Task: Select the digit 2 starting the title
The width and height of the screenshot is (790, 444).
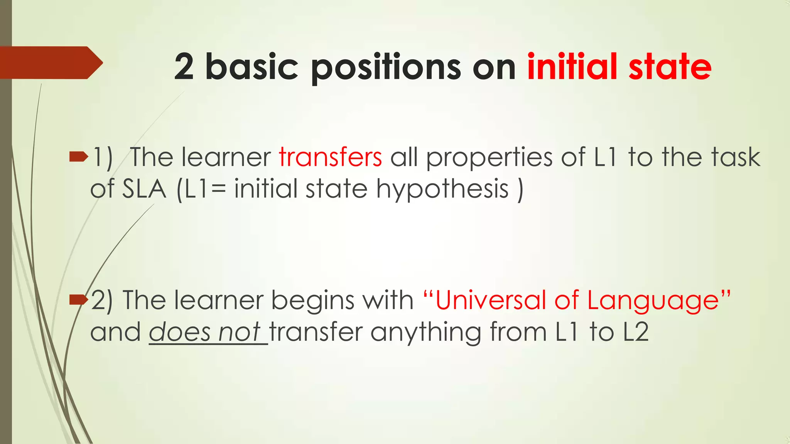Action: click(x=184, y=67)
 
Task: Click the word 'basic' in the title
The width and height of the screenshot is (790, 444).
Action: click(x=252, y=67)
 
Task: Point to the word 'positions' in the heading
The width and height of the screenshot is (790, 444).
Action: click(x=386, y=68)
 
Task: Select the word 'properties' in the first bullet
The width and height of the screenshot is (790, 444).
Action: click(x=489, y=158)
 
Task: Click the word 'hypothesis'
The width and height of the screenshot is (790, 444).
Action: click(x=442, y=190)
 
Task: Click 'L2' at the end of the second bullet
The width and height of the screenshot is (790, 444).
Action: click(x=636, y=332)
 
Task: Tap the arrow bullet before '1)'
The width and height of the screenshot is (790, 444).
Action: click(x=79, y=156)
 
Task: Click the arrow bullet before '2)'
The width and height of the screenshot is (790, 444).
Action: click(x=79, y=299)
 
